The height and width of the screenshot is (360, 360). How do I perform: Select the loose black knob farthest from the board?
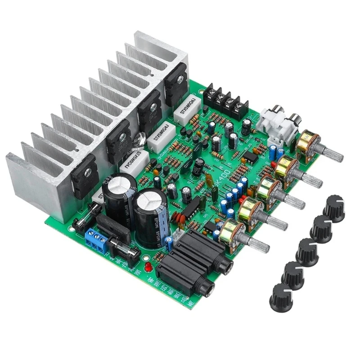(x=334, y=208)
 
